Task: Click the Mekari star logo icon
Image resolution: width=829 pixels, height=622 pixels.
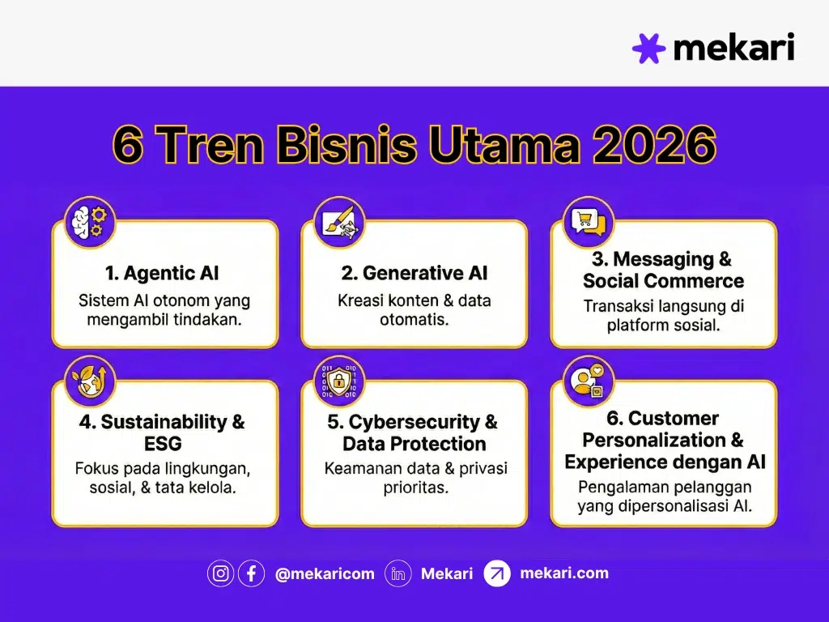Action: coord(648,49)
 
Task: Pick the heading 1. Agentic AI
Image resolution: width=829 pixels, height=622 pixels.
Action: coord(164,273)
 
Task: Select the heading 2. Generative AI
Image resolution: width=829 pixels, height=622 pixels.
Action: coord(414,273)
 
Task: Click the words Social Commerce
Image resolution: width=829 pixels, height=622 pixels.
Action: coord(663,281)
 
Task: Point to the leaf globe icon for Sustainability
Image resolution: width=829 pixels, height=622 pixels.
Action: coord(89,381)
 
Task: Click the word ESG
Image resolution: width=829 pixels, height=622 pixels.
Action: coord(164,444)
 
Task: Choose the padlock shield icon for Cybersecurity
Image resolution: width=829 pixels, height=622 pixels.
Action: coord(338,381)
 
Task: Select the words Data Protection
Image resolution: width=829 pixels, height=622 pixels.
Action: coord(414,444)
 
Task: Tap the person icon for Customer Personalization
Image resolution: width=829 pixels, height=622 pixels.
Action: coord(588,381)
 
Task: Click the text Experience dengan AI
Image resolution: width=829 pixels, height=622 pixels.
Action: coord(664,462)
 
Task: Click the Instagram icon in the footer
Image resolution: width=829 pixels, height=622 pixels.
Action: coord(221,573)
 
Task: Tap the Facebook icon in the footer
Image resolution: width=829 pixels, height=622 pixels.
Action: coord(251,573)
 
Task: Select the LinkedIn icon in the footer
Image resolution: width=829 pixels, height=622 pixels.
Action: coord(398,573)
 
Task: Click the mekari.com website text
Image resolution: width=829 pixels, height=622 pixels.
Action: coord(563,573)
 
